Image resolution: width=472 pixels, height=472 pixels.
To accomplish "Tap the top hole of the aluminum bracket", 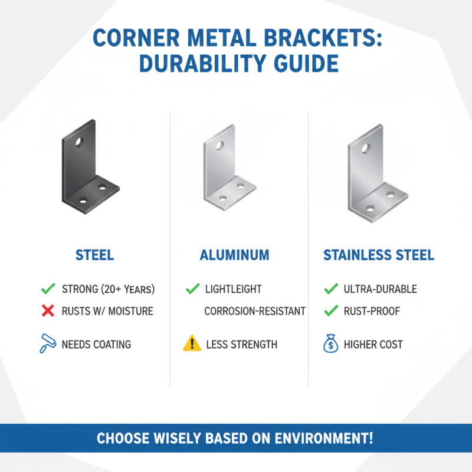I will point(219,145).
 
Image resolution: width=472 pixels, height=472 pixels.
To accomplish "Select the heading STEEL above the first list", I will point(95,255).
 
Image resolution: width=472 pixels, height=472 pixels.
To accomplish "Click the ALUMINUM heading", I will point(234,255).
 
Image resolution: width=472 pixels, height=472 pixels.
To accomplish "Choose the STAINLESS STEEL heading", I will point(378,255).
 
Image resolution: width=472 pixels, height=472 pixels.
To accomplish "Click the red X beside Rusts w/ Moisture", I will point(48,311).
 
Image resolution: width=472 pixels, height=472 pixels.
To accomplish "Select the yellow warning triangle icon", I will point(192,343).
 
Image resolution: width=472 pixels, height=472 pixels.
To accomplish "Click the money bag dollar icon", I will point(330,344).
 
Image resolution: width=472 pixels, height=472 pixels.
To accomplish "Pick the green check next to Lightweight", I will point(192,289).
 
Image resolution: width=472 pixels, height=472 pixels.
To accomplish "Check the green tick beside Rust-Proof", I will point(331,311).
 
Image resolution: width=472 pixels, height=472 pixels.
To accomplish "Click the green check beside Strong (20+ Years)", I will point(48,289).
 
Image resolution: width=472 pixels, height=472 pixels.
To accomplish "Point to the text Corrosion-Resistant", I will point(254,311).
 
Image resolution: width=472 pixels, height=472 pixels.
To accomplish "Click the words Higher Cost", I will point(373,344).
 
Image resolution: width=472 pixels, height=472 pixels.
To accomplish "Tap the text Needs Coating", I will point(96,344).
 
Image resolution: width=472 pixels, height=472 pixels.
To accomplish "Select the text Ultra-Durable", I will point(380,289).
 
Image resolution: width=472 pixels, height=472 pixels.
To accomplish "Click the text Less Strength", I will point(241,344).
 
